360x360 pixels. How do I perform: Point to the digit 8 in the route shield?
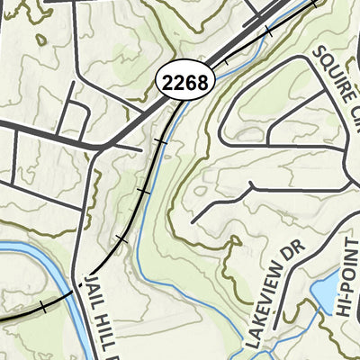coord(203,83)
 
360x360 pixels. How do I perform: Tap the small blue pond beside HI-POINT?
coord(321,293)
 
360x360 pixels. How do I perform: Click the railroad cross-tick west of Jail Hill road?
coord(41,307)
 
